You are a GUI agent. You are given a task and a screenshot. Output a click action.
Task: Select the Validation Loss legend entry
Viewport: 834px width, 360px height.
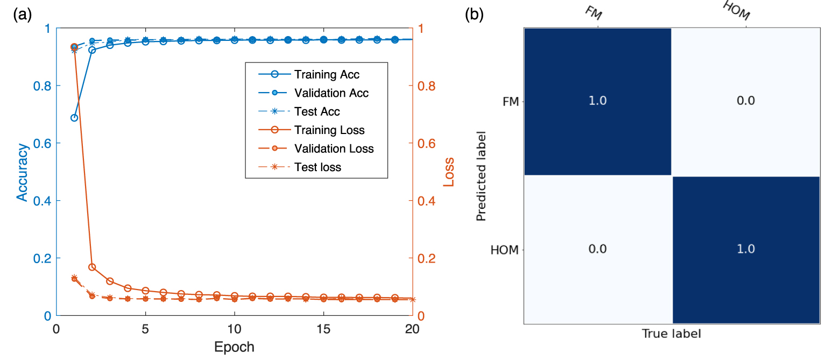click(334, 149)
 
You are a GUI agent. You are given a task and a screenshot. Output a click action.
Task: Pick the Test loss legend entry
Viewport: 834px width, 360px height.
click(317, 167)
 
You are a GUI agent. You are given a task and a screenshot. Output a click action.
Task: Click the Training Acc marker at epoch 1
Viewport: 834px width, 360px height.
click(74, 117)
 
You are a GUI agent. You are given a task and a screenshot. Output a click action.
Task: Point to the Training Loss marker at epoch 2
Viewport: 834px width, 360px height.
click(92, 267)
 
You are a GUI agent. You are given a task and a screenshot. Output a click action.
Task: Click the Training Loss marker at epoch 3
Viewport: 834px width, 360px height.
click(110, 281)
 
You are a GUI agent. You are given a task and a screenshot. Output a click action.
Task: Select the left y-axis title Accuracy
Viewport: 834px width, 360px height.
click(22, 172)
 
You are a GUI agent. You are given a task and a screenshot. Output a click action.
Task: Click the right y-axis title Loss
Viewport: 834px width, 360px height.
click(448, 172)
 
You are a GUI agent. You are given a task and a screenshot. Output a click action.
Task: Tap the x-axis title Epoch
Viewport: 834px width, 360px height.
click(234, 347)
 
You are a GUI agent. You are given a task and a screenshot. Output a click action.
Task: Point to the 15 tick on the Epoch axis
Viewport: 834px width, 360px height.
click(323, 328)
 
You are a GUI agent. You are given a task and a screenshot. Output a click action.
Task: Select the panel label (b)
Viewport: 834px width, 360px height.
click(475, 15)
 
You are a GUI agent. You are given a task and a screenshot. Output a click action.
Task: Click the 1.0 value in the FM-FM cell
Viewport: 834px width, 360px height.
click(597, 101)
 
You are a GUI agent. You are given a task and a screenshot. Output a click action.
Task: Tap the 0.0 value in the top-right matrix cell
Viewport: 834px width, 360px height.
click(746, 101)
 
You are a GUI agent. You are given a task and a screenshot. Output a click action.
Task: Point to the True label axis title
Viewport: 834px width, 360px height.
click(672, 334)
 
